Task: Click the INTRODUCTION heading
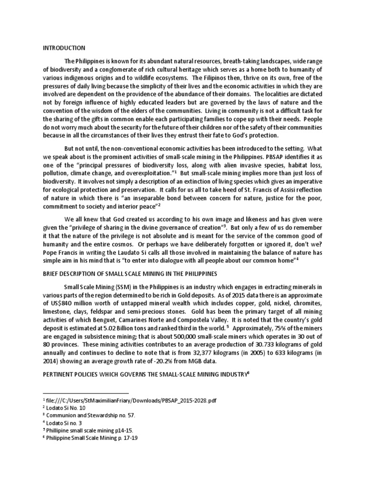point(64,48)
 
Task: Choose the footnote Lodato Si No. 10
point(65,408)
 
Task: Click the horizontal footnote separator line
point(86,393)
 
